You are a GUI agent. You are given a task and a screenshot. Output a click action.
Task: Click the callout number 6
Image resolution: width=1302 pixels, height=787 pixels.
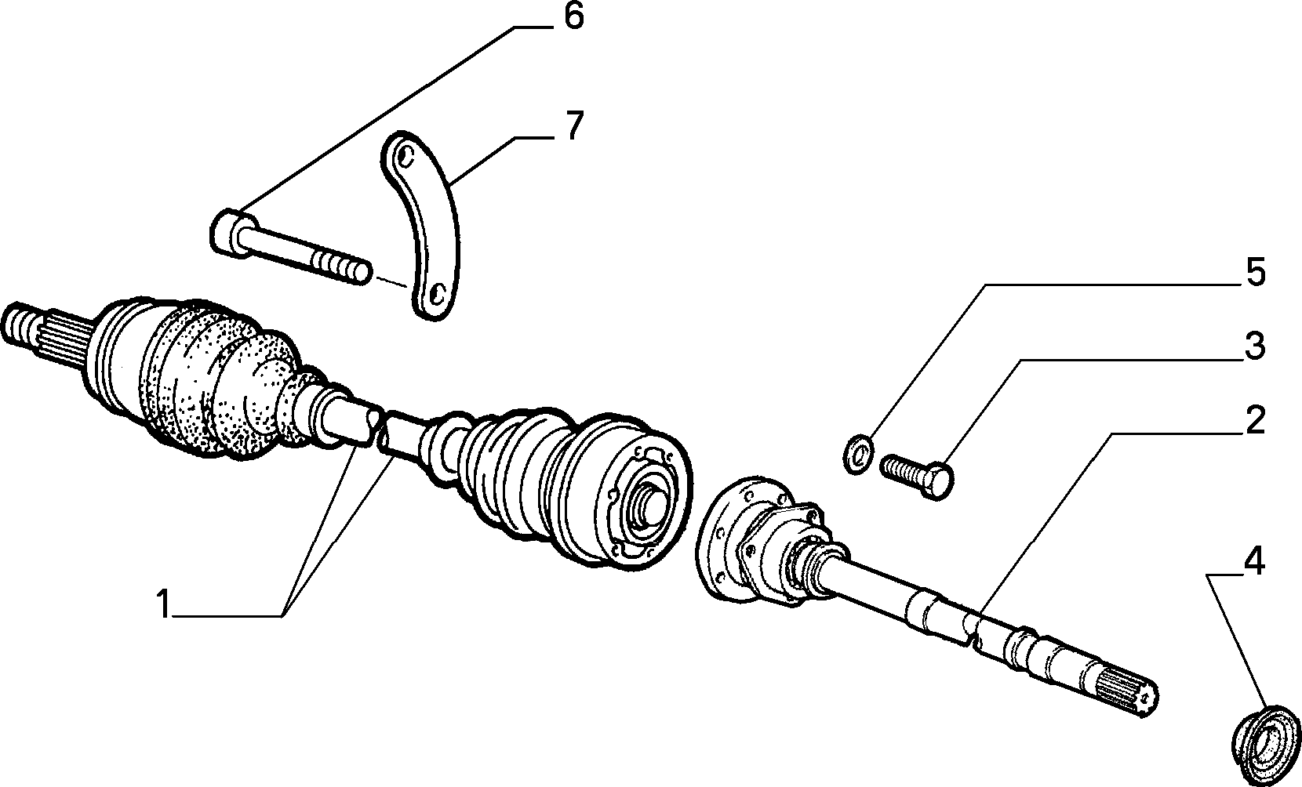point(573,17)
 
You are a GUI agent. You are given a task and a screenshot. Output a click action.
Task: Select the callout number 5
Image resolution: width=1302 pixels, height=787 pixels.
point(1256,272)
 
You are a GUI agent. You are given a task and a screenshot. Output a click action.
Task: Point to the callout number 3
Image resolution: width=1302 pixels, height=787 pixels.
point(1256,346)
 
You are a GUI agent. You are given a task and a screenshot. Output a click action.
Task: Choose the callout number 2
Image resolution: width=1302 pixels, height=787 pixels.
point(1256,420)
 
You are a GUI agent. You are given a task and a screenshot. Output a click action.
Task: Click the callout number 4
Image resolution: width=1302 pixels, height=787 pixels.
point(1254,562)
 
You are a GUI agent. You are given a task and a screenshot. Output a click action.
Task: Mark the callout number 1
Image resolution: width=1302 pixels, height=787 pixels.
point(163,604)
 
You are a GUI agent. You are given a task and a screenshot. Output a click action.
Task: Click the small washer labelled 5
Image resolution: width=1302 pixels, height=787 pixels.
point(857,454)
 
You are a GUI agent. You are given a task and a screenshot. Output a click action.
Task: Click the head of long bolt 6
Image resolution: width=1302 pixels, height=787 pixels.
point(231,234)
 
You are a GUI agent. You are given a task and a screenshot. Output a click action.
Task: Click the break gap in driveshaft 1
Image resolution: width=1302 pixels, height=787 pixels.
point(383,429)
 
